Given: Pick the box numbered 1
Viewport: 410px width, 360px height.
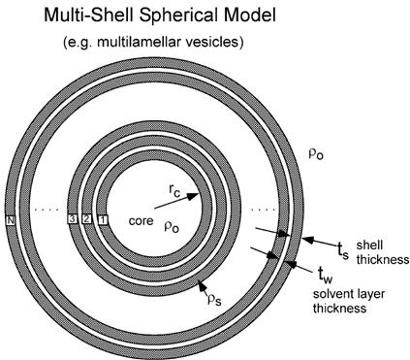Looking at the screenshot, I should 105,219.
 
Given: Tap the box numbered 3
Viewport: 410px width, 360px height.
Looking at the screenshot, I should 72,219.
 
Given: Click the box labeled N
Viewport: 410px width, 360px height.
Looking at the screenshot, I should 10,219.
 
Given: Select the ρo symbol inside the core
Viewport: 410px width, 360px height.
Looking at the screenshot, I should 172,225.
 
